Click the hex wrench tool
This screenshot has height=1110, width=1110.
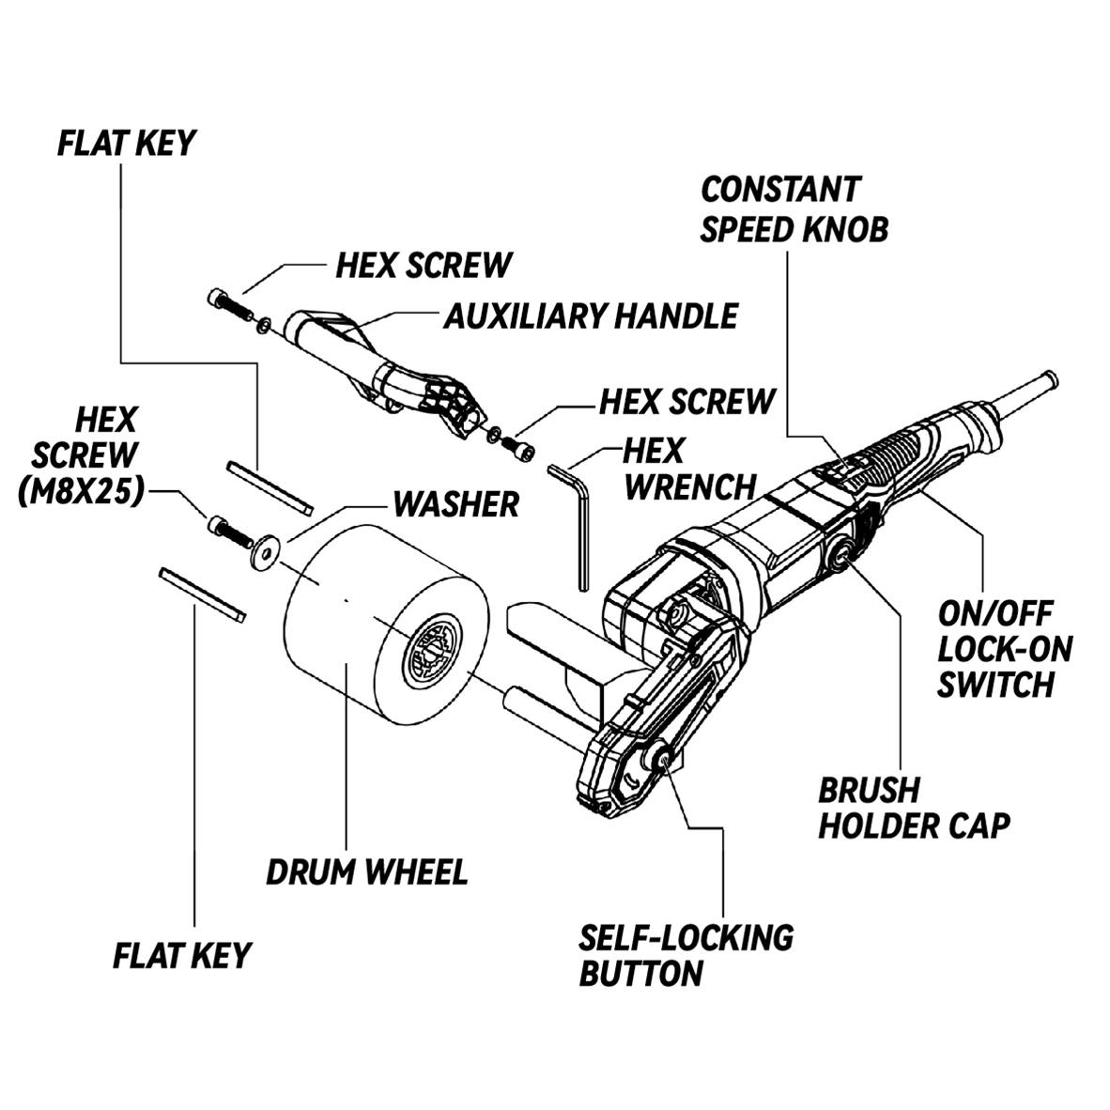[580, 526]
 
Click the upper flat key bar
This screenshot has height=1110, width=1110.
[269, 486]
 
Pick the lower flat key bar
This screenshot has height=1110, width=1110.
[202, 594]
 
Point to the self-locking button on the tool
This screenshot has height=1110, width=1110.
[662, 763]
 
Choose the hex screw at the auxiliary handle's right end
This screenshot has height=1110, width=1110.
[518, 445]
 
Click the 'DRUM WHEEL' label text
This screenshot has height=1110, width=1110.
[366, 871]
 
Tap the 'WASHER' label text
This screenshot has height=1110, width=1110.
[455, 504]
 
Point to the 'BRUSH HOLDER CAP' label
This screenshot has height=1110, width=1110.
[913, 808]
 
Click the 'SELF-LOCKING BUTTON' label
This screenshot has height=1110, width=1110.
[686, 955]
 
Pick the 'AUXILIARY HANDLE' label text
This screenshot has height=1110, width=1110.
[590, 316]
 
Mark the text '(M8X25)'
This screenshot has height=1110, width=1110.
[81, 491]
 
